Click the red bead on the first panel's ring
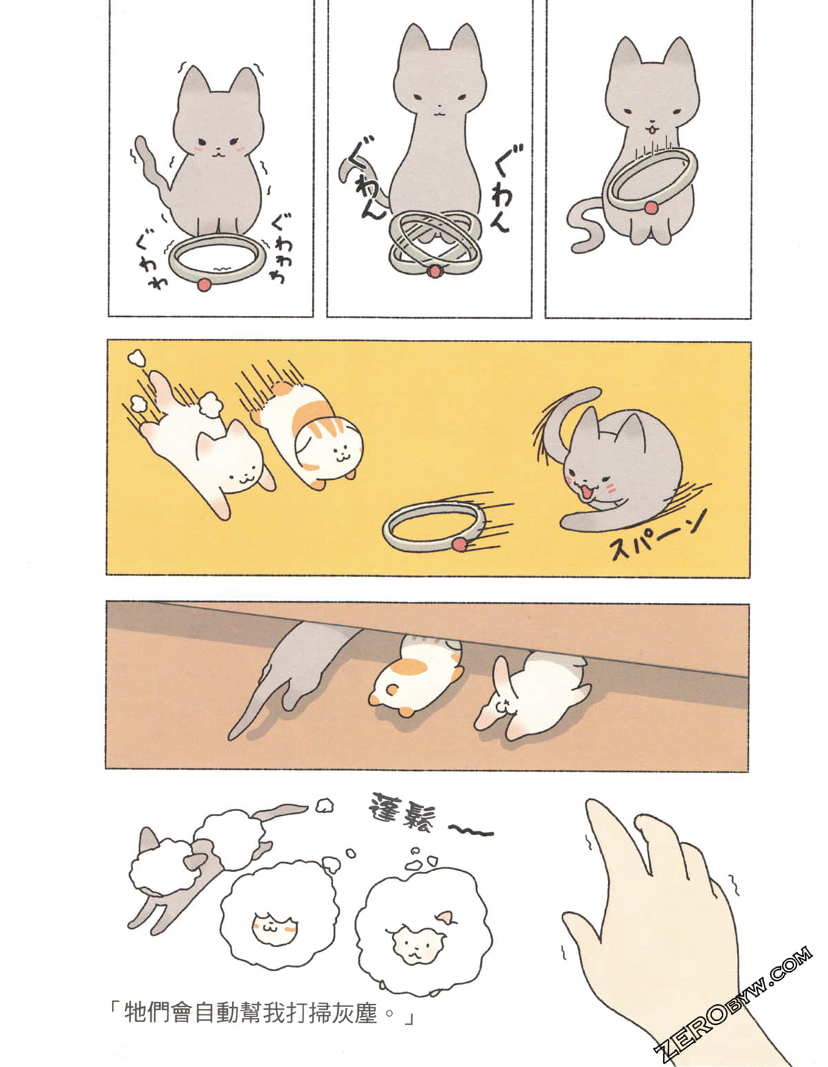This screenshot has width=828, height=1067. click(203, 284)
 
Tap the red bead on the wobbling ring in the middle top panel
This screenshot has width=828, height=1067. click(433, 271)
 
